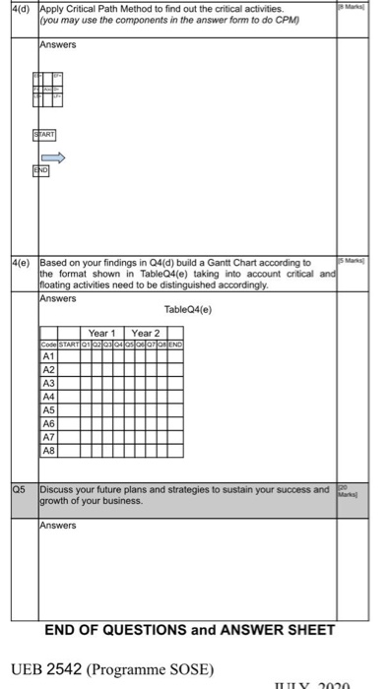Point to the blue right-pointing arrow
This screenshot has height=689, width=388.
point(57,155)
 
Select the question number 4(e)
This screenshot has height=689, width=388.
point(19,262)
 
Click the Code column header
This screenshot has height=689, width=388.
point(48,343)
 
